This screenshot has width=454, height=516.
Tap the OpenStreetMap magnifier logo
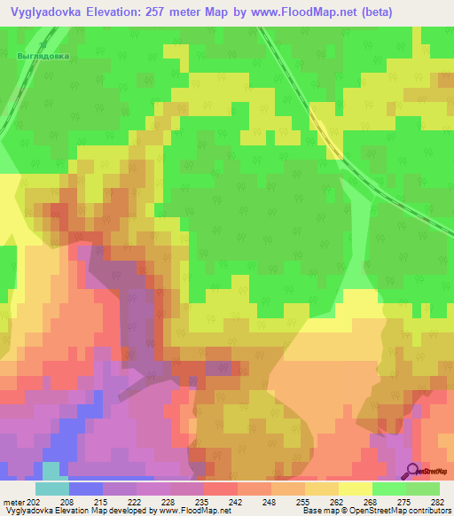pos(412,473)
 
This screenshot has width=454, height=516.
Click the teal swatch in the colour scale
pos(52,489)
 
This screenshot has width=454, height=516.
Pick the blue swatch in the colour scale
pos(86,489)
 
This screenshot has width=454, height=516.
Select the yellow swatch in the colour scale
pos(355,489)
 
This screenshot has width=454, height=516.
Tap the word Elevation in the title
pos(121,12)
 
